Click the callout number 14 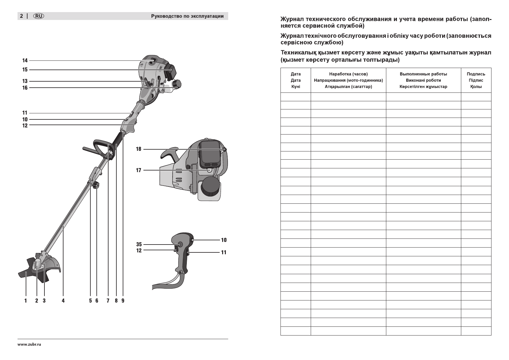tap(25, 60)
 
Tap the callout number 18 tap(138, 149)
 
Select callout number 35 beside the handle tap(139, 244)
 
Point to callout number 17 tap(138, 170)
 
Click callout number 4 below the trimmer tap(63, 300)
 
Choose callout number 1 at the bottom tap(26, 300)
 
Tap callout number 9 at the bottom tap(123, 300)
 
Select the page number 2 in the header tap(21, 16)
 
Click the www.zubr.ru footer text tap(29, 345)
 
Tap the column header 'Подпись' tap(476, 74)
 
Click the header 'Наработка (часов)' tap(348, 74)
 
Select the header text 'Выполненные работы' tap(423, 74)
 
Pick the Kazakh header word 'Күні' tap(296, 87)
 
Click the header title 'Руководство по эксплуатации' tap(187, 16)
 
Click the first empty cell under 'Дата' tap(296, 97)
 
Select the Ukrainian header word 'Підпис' tap(476, 80)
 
